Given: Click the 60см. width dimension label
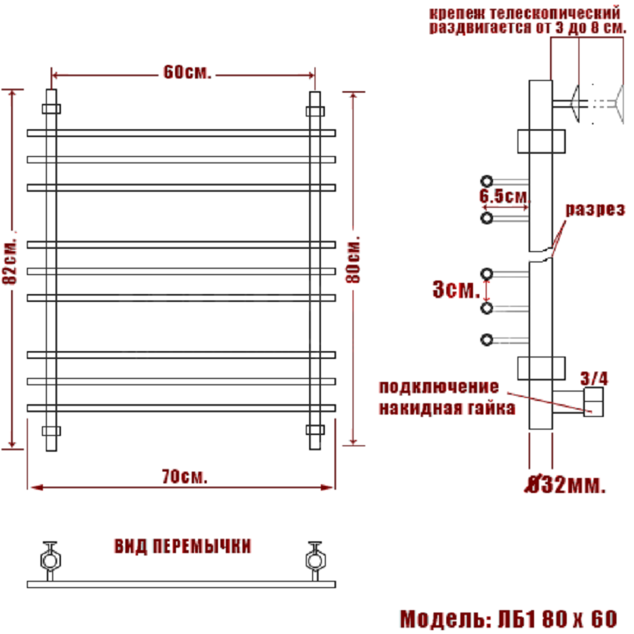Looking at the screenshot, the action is [187, 72].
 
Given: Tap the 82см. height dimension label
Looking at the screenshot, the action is [10, 262].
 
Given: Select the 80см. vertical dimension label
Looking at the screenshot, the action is [353, 260].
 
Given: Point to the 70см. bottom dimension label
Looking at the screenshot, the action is [185, 477].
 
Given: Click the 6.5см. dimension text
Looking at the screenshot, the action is [504, 197].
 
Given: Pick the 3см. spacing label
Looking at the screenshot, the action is [456, 289].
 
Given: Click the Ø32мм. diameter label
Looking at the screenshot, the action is [566, 484].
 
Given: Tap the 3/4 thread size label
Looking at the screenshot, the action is [594, 379].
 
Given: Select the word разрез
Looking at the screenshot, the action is [595, 209].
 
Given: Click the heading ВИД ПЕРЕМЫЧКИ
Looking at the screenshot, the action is [183, 546].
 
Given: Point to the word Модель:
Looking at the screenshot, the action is [445, 619].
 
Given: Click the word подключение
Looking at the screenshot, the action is [439, 387].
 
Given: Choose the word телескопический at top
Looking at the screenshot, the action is [555, 13].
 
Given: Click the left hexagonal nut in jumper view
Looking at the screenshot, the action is [51, 561].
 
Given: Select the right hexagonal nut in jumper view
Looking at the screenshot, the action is [315, 561].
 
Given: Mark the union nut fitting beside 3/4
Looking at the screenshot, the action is [594, 402].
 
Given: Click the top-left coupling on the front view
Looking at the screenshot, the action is [52, 109].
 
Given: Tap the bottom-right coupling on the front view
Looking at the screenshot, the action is [315, 430].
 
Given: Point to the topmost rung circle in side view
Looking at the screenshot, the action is [487, 181].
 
